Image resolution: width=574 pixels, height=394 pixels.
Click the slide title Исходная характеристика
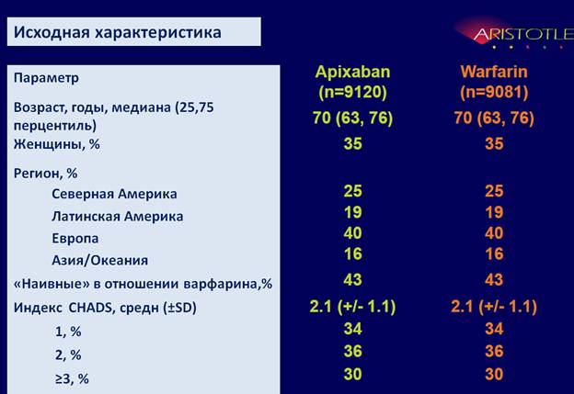click(x=118, y=32)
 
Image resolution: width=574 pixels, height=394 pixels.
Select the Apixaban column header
click(x=352, y=72)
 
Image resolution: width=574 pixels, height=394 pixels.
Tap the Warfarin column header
click(x=494, y=72)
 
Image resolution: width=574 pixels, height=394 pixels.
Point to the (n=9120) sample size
click(x=352, y=92)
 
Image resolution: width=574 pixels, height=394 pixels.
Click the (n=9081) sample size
click(x=494, y=92)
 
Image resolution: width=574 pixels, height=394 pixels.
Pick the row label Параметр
click(x=46, y=78)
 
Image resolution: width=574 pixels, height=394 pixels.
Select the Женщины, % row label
click(x=57, y=144)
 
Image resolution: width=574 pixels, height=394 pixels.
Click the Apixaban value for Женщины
click(x=353, y=143)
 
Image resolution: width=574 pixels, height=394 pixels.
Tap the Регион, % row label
click(x=45, y=173)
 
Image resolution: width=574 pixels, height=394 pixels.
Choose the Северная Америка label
click(x=114, y=194)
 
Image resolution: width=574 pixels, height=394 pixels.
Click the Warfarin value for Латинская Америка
click(x=494, y=212)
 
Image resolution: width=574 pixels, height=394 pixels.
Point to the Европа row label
click(x=75, y=238)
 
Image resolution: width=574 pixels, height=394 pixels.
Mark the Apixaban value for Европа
click(x=353, y=233)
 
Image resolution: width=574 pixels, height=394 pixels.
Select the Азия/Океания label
click(x=100, y=260)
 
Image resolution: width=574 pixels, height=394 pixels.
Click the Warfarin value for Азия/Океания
click(x=494, y=254)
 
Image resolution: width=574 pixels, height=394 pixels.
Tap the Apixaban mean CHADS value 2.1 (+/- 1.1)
click(x=352, y=306)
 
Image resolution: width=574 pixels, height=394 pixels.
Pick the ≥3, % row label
click(x=72, y=378)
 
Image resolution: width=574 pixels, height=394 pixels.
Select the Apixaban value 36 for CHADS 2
click(x=353, y=351)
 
